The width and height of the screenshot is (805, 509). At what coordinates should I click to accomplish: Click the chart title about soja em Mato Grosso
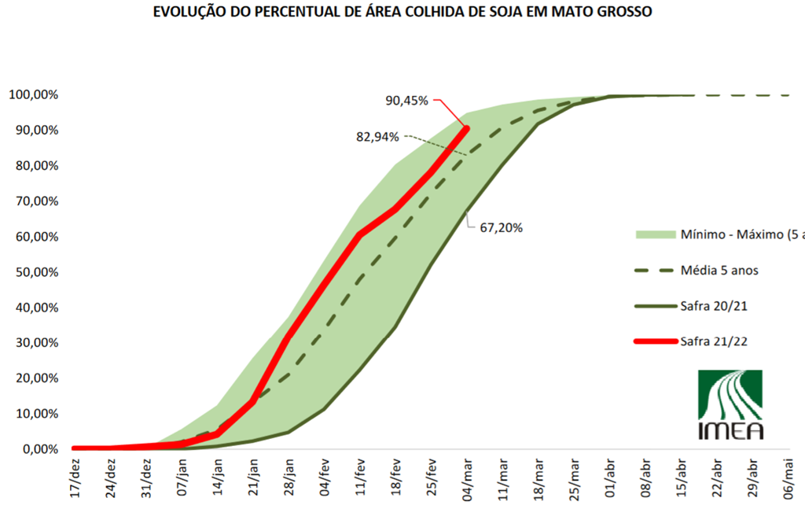402,13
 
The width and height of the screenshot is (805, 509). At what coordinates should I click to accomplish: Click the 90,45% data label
406,101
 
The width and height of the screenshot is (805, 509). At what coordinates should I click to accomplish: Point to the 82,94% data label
377,136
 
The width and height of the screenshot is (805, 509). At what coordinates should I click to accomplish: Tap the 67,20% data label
501,228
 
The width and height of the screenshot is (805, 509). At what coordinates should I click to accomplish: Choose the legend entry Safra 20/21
714,305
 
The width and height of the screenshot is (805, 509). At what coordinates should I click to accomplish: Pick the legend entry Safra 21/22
714,341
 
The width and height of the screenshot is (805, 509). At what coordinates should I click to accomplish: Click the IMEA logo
730,404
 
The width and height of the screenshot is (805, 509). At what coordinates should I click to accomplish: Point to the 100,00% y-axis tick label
33,95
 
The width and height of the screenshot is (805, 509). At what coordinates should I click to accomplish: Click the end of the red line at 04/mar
466,128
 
